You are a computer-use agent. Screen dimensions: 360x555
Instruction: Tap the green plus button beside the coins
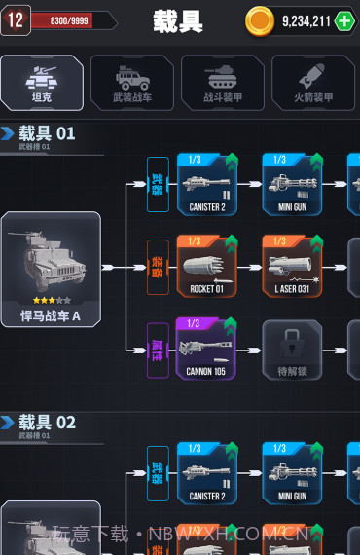344,20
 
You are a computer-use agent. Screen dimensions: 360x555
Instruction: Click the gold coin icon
260,20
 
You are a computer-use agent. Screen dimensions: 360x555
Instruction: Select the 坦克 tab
42,82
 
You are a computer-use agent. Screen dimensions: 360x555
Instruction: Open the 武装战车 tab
132,82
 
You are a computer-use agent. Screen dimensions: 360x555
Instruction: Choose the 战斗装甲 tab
222,82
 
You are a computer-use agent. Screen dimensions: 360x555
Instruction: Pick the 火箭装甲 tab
313,82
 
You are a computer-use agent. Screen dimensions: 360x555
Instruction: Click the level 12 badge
15,19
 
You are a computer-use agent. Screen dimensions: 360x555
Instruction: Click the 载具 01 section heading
47,133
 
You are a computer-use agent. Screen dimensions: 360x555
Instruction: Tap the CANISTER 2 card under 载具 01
206,183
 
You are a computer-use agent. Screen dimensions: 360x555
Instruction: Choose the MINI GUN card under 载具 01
292,183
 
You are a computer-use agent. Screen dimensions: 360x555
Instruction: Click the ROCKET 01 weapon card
206,266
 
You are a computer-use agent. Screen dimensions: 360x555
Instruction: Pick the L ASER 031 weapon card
292,266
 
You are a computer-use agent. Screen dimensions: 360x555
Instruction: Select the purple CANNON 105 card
206,348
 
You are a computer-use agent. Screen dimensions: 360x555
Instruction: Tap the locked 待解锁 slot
292,349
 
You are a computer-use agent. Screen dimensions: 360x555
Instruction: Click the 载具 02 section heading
47,423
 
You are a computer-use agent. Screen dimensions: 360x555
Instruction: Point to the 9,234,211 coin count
306,20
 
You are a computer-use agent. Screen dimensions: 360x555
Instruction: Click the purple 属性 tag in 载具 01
158,349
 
